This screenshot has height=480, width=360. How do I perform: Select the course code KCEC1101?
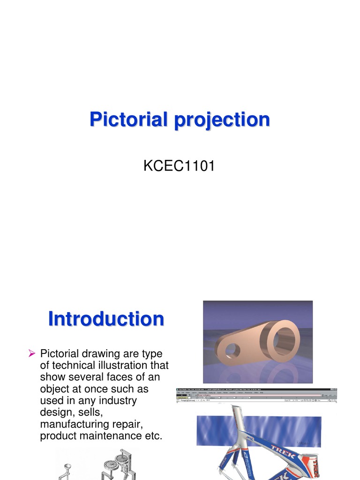(x=179, y=166)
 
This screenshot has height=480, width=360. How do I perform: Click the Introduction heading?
(x=106, y=319)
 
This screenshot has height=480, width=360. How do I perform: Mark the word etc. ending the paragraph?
(x=154, y=436)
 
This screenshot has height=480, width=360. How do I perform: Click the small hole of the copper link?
(x=232, y=350)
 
